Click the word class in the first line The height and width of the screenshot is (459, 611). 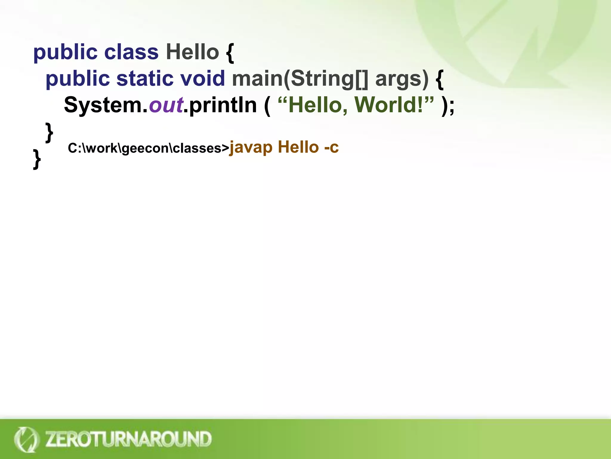coord(131,53)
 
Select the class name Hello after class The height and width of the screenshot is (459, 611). coord(192,53)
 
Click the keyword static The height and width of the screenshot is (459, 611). coord(145,79)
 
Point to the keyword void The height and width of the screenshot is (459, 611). coord(203,79)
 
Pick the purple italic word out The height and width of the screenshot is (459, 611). coord(166,105)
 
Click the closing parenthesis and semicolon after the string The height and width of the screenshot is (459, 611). coord(448,105)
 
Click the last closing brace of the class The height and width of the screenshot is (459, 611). coord(37,159)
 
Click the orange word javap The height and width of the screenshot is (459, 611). coord(251,147)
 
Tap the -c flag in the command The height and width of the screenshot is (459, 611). coord(331,147)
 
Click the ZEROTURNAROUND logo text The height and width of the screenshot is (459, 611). coord(128,439)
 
